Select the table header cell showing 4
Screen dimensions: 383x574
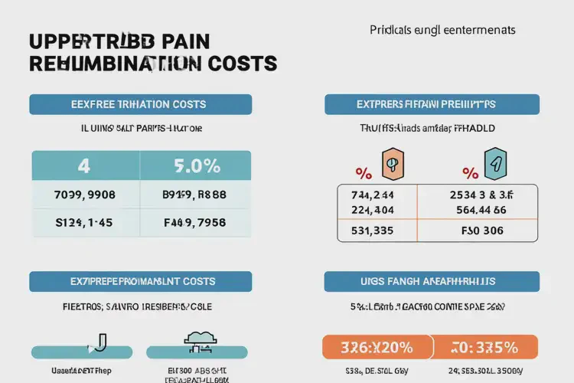coord(84,165)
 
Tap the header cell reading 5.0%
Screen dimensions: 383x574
coord(195,165)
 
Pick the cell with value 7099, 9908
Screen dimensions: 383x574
coord(84,195)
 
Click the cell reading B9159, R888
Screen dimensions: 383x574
coord(195,195)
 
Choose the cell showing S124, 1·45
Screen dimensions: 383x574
coord(84,223)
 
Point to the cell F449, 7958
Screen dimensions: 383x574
coord(195,223)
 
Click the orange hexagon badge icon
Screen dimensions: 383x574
coord(392,162)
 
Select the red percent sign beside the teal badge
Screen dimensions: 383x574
coord(469,172)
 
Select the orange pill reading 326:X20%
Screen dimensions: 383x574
coord(376,347)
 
